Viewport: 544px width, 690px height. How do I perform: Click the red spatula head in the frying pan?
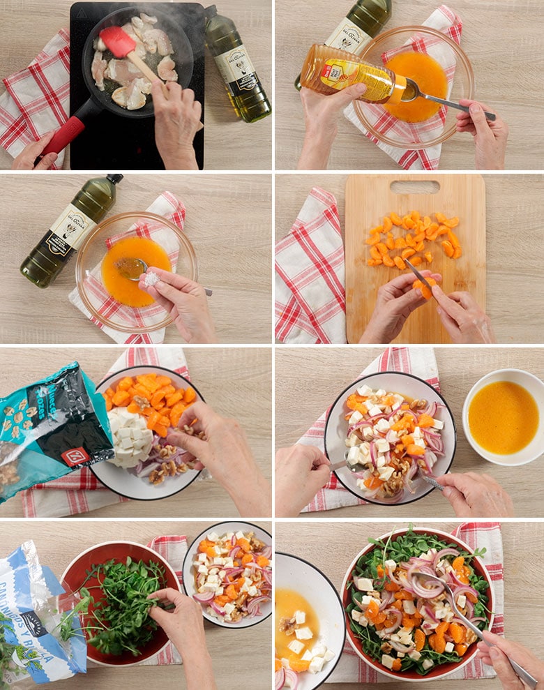pos(118,43)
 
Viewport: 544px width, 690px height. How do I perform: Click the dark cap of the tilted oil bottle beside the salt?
pos(114,179)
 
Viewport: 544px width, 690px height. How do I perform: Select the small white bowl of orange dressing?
pos(503,417)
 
